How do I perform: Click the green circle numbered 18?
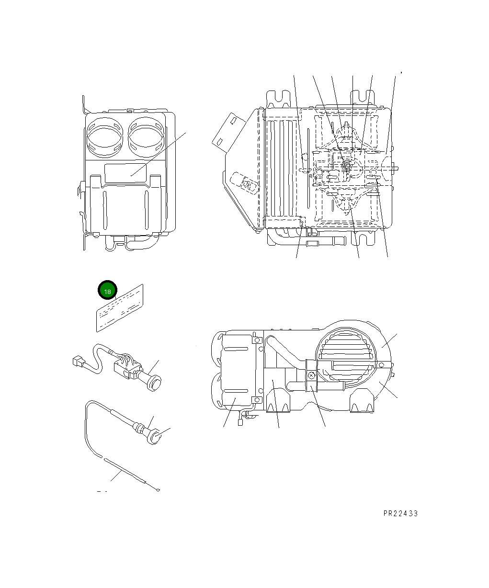click(107, 291)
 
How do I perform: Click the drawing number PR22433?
click(400, 513)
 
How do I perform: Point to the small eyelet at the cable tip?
click(158, 490)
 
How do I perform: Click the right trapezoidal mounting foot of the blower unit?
click(363, 402)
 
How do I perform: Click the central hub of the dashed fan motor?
click(345, 166)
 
